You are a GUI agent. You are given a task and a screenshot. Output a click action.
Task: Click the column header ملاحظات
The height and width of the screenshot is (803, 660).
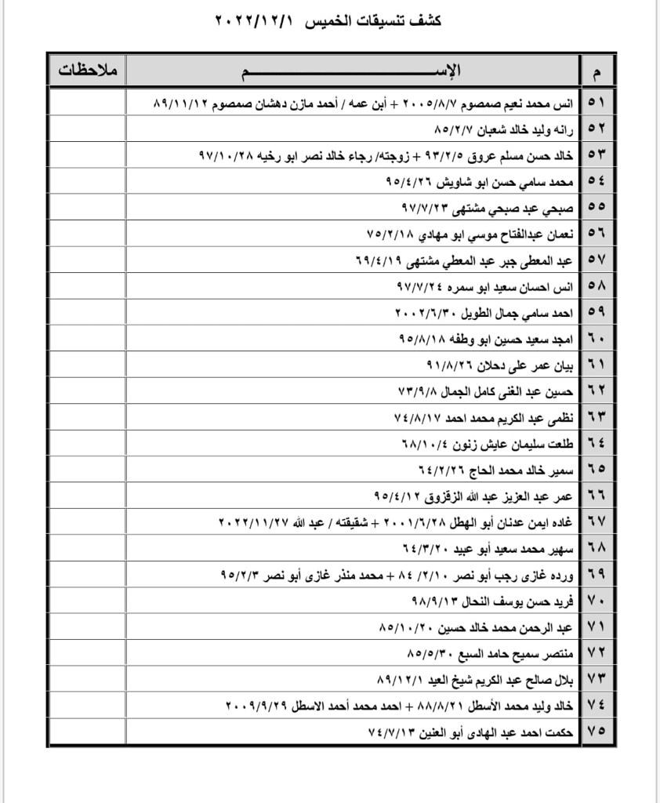point(87,71)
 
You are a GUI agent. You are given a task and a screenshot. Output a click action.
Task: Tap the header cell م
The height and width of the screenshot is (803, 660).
point(597,72)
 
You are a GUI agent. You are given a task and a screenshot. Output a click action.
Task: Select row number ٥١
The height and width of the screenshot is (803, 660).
point(597,102)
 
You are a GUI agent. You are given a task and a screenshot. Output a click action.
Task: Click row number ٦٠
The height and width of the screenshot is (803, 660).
point(597,338)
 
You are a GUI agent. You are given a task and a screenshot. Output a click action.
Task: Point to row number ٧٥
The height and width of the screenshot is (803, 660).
point(597,731)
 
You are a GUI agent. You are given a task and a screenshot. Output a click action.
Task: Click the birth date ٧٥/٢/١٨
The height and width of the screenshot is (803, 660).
point(390,233)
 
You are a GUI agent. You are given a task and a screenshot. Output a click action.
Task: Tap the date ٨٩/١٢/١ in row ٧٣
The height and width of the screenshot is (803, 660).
point(403,678)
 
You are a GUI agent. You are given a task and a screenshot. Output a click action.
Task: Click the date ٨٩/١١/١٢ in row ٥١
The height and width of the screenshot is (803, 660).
point(180,102)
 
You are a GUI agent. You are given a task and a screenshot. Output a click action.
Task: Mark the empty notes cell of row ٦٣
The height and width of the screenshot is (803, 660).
point(87,416)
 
